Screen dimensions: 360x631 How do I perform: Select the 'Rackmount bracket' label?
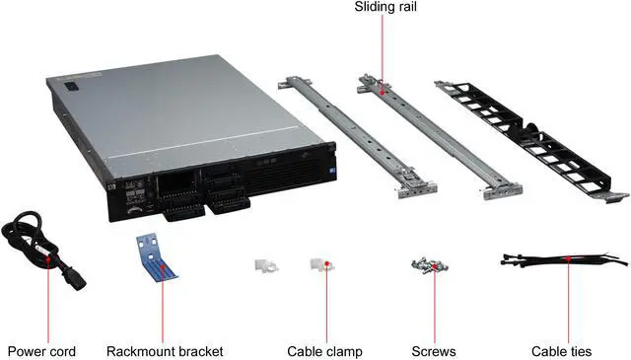tap(164, 350)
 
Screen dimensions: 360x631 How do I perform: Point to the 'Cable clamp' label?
tap(324, 350)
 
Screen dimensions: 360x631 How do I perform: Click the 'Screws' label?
tap(433, 350)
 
